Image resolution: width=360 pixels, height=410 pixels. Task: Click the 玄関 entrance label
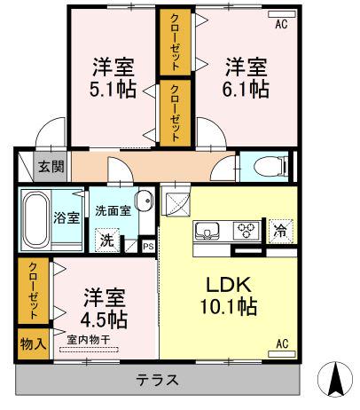pyautogui.click(x=51, y=167)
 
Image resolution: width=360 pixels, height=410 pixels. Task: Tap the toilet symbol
pyautogui.click(x=270, y=166)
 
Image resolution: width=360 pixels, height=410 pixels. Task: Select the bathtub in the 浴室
pyautogui.click(x=35, y=218)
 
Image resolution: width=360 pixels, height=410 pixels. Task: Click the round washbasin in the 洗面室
pyautogui.click(x=144, y=201)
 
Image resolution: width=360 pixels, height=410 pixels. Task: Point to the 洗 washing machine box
pyautogui.click(x=107, y=240)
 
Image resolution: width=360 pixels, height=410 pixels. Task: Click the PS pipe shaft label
pyautogui.click(x=148, y=246)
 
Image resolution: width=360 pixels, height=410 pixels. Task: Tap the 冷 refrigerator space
pyautogui.click(x=279, y=232)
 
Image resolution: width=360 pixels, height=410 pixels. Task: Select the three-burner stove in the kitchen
pyautogui.click(x=247, y=230)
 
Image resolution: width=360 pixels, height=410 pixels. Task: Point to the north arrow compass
pyautogui.click(x=335, y=378)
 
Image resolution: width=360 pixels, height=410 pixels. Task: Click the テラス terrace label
pyautogui.click(x=157, y=380)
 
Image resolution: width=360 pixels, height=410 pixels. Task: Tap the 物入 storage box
pyautogui.click(x=33, y=343)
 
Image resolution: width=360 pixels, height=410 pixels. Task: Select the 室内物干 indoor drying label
pyautogui.click(x=89, y=340)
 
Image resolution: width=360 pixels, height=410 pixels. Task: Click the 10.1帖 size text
pyautogui.click(x=229, y=306)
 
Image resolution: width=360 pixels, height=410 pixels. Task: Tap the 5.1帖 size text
pyautogui.click(x=113, y=89)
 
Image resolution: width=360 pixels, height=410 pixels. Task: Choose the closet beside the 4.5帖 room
pyautogui.click(x=33, y=291)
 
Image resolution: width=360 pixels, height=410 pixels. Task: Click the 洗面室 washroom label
pyautogui.click(x=113, y=211)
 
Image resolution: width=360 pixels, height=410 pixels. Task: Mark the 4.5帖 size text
pyautogui.click(x=104, y=319)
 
